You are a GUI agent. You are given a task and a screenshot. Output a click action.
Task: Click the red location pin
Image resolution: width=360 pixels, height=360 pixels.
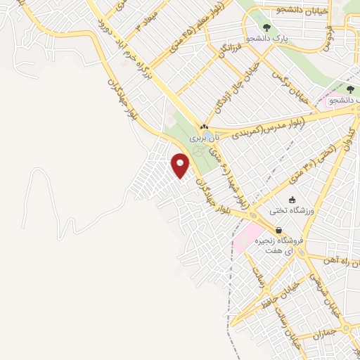(x=181, y=166)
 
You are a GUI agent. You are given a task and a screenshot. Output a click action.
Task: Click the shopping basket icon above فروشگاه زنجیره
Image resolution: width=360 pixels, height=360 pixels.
(x=279, y=230)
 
